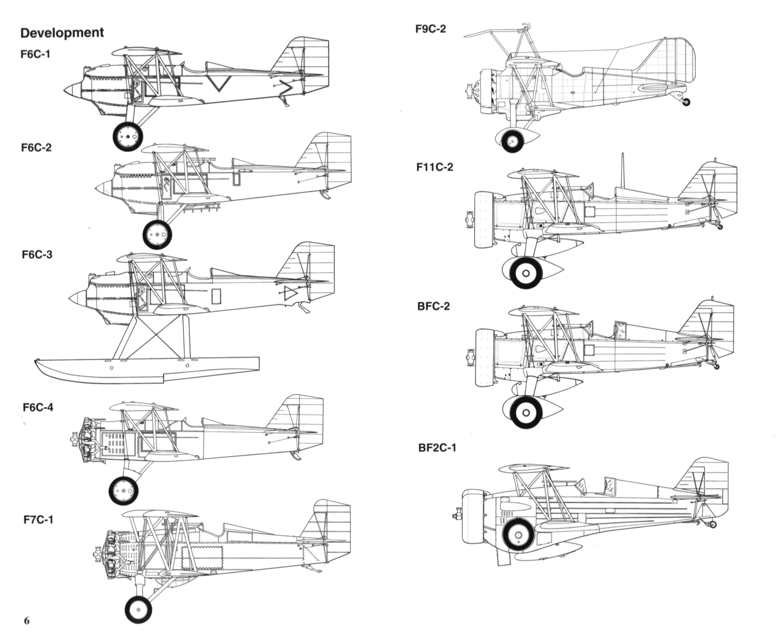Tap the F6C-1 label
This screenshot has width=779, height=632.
[35, 54]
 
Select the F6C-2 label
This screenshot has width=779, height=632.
[36, 147]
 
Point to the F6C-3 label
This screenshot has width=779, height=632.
[37, 254]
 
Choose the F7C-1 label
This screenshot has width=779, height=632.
[38, 520]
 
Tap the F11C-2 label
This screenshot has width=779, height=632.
[435, 167]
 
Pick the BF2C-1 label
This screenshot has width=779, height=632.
[437, 447]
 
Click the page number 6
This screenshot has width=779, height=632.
[26, 620]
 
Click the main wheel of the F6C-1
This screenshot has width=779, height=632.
[128, 136]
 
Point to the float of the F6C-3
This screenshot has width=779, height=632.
[146, 368]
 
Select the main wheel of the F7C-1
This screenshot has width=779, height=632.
[138, 610]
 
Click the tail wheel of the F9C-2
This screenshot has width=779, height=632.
[686, 102]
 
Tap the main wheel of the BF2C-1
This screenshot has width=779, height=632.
[518, 535]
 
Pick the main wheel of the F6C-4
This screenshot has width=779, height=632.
[123, 491]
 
